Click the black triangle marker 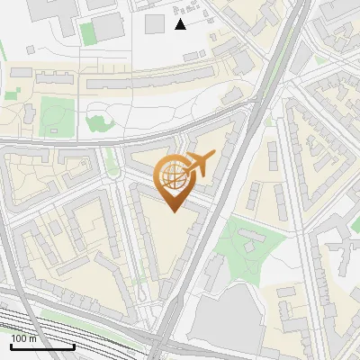coord(180,24)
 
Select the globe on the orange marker coord(174,178)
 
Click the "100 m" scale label coord(24,338)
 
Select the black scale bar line coord(42,347)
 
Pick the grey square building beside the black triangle coord(155,22)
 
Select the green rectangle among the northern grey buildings coord(87,34)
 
